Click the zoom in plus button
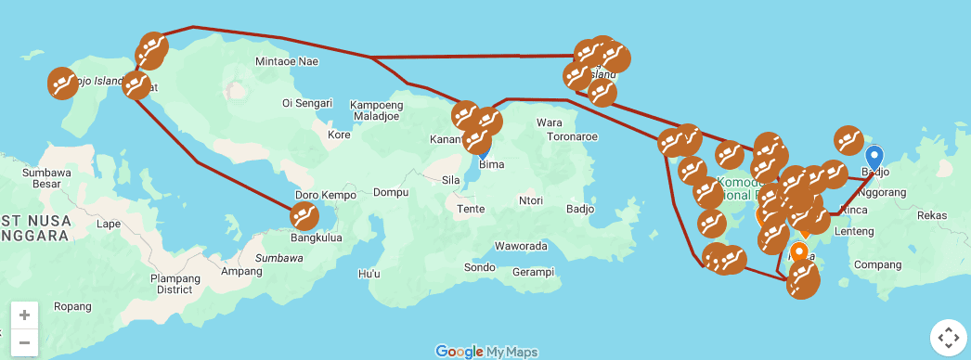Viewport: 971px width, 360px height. click(x=24, y=315)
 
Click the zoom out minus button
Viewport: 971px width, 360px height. click(x=24, y=341)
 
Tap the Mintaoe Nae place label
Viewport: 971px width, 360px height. click(x=287, y=62)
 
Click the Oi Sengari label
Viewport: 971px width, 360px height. click(x=307, y=103)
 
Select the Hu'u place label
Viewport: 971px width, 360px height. click(x=369, y=274)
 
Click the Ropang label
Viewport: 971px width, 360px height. click(x=72, y=306)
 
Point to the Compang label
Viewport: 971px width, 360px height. click(x=877, y=264)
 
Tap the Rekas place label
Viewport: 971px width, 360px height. click(x=931, y=215)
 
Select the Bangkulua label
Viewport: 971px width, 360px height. click(x=317, y=238)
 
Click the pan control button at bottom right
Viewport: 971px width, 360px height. click(x=948, y=338)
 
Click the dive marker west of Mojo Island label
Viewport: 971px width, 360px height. click(x=62, y=84)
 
